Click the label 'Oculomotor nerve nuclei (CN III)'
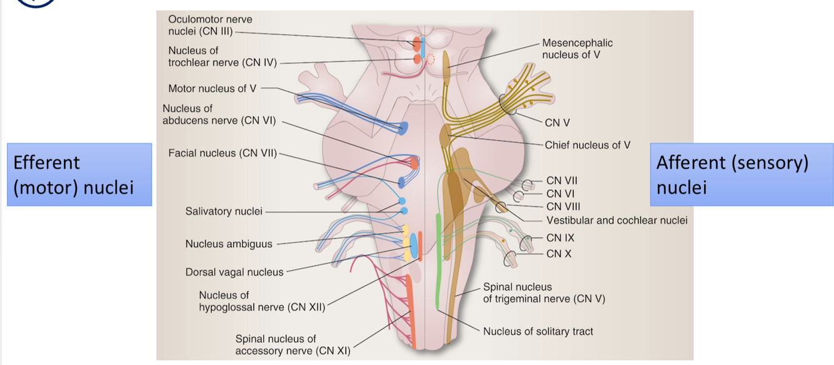210,25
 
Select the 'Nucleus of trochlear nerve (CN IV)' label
222,56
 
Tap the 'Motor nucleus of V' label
212,88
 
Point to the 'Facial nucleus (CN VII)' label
222,153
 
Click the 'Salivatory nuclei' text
224,211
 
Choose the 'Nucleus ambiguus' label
229,244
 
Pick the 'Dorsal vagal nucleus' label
234,272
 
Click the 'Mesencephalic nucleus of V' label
577,49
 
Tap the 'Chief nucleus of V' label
587,145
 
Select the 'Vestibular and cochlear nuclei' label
616,220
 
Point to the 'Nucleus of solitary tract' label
538,331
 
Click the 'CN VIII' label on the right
563,207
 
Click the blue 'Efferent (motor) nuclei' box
79,175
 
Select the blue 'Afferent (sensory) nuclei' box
741,175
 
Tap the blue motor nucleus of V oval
403,128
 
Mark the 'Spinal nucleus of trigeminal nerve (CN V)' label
544,293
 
